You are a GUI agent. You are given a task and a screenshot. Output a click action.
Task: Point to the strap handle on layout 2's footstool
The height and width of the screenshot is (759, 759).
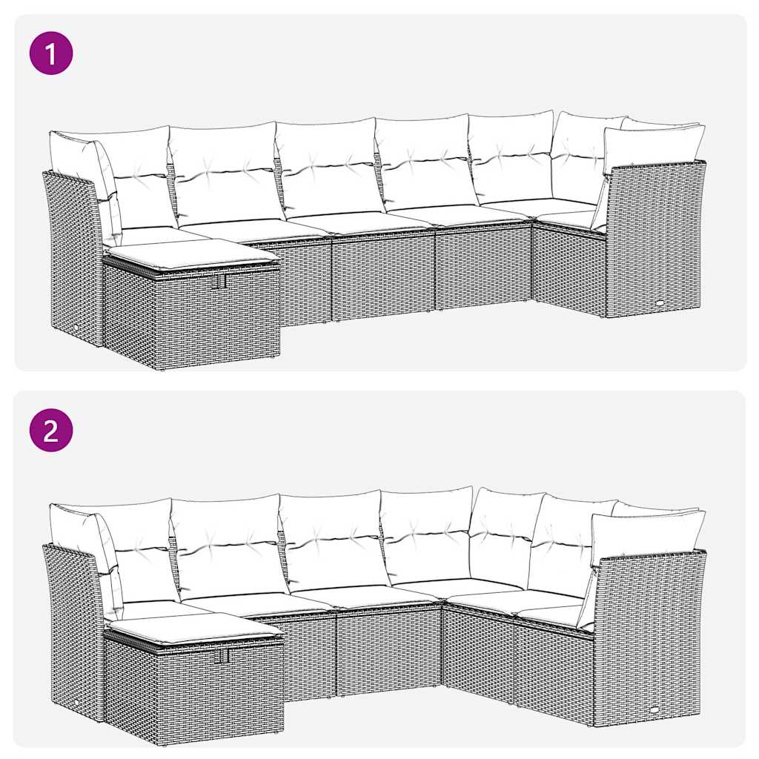click(221, 656)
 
